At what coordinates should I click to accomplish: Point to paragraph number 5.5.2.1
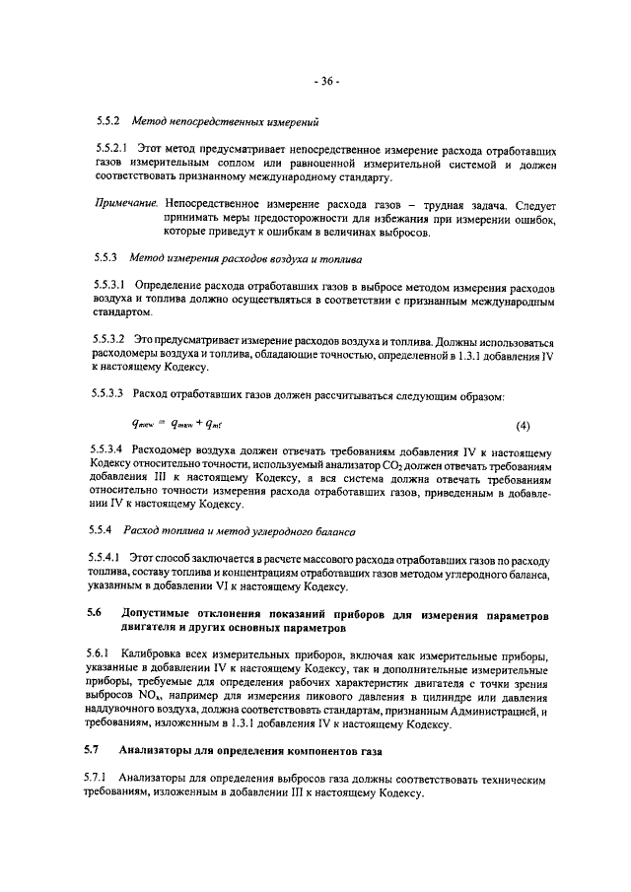pyautogui.click(x=103, y=151)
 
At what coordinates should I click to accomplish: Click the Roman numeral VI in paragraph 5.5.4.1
pyautogui.click(x=225, y=587)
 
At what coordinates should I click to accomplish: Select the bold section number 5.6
pyautogui.click(x=94, y=613)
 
